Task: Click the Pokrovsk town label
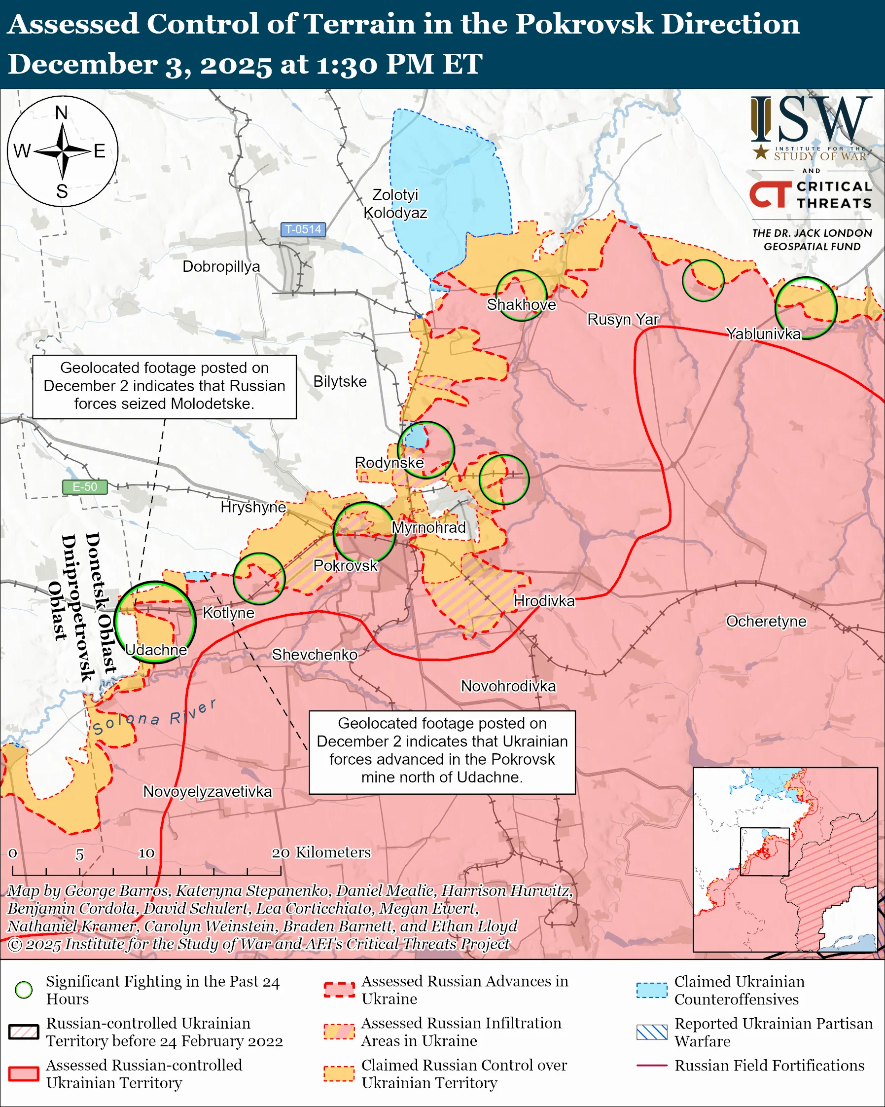tap(345, 565)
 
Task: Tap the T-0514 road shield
tap(303, 229)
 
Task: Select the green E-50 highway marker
tap(85, 486)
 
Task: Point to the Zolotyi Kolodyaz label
tap(395, 203)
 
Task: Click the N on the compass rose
tap(62, 112)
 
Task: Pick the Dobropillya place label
tap(221, 266)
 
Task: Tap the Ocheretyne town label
tap(766, 621)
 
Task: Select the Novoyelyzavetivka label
tap(207, 791)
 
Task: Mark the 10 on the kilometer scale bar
tap(146, 853)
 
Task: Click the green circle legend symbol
tap(24, 990)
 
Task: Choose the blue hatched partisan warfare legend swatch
tap(652, 1032)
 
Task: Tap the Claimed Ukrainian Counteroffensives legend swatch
tap(652, 990)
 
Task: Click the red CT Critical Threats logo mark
tap(770, 194)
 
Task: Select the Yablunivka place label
tap(763, 334)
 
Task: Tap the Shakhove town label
tap(521, 304)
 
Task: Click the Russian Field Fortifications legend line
tap(652, 1066)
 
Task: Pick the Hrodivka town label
tap(544, 601)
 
